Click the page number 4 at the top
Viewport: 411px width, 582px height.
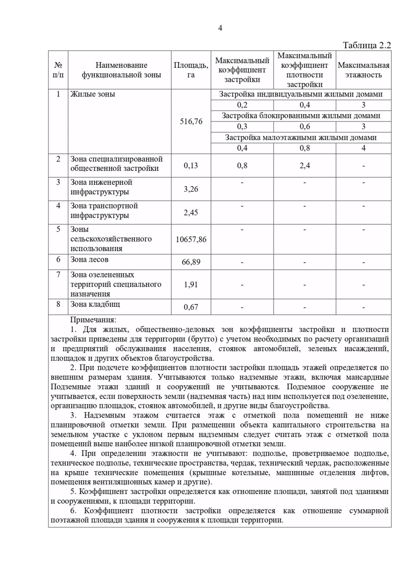pos(220,28)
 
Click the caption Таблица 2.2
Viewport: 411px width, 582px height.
pos(366,46)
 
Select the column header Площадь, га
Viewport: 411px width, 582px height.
pos(191,70)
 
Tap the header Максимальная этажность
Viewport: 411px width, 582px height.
pos(363,70)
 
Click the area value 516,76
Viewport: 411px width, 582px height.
pos(191,121)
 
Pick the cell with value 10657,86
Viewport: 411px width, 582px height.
pos(191,239)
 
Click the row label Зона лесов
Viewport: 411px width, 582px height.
pos(89,259)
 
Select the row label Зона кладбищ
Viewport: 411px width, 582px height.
pos(95,304)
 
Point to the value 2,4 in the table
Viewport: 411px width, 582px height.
pos(304,166)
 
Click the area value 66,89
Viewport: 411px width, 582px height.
pos(191,262)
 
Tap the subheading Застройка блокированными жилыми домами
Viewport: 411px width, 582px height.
pos(301,116)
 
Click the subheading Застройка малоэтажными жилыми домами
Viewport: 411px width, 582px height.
pos(301,137)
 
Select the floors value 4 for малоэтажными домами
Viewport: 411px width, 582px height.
pos(363,148)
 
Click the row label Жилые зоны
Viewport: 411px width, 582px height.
pos(92,94)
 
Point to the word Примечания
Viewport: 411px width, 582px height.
pos(93,320)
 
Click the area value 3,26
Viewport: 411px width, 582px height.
pos(191,189)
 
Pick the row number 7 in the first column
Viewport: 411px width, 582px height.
pos(58,275)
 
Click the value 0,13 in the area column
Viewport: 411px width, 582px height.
pos(191,166)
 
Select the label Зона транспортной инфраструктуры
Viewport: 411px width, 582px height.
pos(104,210)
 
